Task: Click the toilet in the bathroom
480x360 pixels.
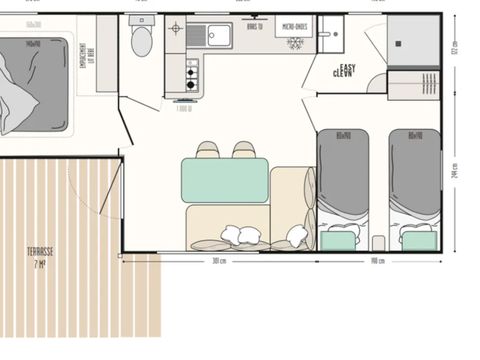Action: (x=141, y=41)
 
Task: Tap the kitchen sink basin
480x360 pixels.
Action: (x=218, y=36)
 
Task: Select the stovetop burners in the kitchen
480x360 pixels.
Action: (x=190, y=72)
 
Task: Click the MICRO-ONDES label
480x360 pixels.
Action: (x=294, y=27)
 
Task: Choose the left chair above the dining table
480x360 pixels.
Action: (x=208, y=150)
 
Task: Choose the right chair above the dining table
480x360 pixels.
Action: (x=244, y=150)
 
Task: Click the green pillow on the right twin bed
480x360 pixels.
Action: (x=416, y=239)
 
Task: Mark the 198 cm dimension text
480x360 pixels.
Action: (x=377, y=262)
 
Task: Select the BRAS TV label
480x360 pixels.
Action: (x=254, y=27)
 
